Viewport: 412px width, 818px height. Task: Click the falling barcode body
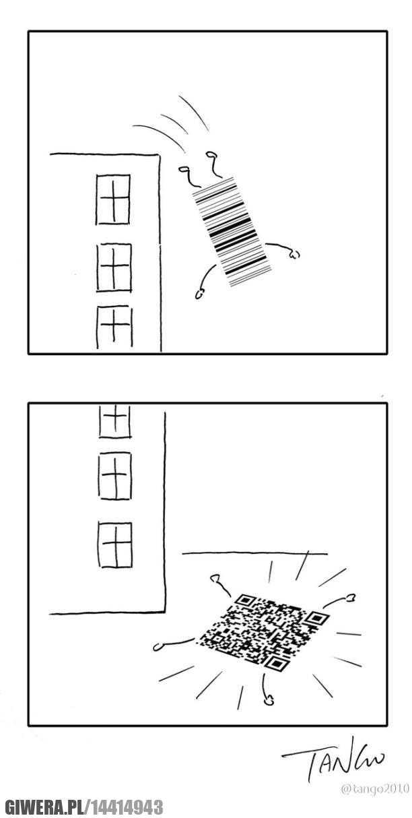232,232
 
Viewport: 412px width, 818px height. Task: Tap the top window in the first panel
113,199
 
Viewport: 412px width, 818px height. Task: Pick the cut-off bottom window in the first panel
114,327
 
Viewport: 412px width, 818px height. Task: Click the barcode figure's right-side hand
294,253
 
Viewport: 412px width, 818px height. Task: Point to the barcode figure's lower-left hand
200,293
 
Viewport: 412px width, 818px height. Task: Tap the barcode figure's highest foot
211,156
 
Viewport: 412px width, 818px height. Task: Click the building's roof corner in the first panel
159,155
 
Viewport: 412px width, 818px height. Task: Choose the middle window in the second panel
115,476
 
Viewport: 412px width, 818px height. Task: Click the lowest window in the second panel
115,544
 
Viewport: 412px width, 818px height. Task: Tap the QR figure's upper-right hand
350,598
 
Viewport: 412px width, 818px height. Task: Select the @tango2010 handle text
375,789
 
